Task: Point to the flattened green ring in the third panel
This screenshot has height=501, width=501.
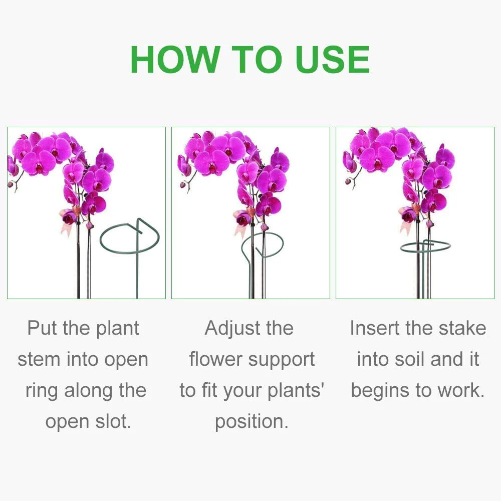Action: coord(425,246)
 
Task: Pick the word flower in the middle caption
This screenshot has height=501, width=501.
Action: coord(216,360)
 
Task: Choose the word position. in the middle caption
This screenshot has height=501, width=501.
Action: coord(252,422)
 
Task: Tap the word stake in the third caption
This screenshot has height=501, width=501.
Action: coord(458,329)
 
